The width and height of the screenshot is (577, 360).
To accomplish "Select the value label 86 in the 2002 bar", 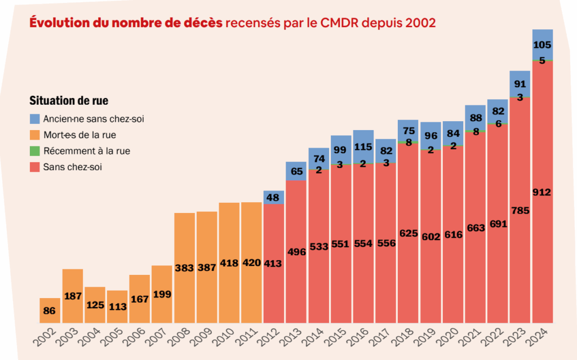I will [50, 310].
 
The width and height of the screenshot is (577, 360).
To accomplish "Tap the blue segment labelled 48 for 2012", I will [273, 198].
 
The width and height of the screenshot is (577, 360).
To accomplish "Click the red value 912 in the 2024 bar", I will [542, 192].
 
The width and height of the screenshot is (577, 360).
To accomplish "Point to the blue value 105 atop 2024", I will [542, 45].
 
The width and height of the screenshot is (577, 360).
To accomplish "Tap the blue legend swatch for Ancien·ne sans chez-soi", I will [35, 119].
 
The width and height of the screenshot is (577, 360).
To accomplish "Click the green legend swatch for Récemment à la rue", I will [35, 151].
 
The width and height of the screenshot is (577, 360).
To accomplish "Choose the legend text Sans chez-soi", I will [73, 167].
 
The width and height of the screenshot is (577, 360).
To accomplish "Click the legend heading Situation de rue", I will [69, 101].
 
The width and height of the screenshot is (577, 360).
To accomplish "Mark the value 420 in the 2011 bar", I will [251, 263].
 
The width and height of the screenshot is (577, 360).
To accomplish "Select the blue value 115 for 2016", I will [363, 146].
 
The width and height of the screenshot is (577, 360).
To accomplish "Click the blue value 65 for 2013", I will [296, 171].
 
